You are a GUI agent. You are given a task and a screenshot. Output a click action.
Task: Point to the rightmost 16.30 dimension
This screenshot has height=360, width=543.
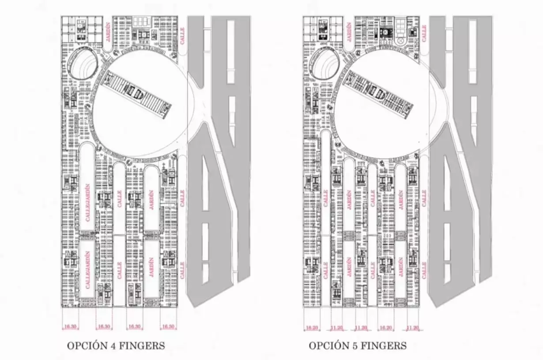(168, 327)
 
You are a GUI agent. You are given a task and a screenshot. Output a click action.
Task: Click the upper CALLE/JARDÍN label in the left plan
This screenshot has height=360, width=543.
(87, 202)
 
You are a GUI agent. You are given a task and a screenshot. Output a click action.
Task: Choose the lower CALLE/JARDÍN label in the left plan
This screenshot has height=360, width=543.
(87, 270)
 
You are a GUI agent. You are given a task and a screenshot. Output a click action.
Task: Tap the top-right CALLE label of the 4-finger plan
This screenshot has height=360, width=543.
(182, 34)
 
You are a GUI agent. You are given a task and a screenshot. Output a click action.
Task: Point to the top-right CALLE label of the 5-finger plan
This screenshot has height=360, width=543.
(423, 34)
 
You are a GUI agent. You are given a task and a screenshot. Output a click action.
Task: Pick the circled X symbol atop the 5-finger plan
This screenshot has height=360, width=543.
(401, 41)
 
